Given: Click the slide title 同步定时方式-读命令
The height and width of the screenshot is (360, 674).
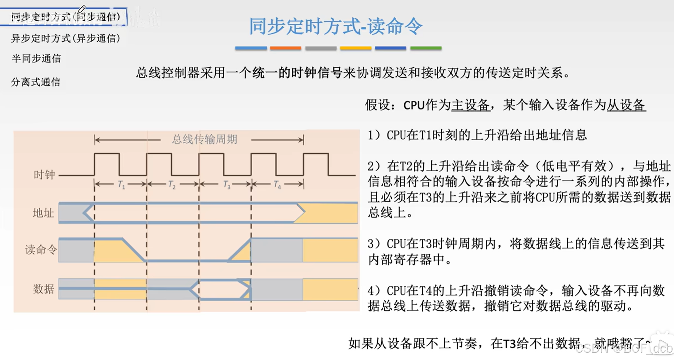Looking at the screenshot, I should click(335, 26).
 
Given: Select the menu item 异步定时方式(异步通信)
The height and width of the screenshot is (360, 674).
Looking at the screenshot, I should click(66, 38).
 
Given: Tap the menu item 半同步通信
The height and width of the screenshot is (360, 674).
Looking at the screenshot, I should click(36, 58).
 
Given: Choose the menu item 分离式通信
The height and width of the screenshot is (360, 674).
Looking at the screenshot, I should click(36, 82).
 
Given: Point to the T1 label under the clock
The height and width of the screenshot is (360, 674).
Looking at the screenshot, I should click(121, 185).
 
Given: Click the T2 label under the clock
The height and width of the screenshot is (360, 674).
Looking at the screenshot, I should click(172, 185).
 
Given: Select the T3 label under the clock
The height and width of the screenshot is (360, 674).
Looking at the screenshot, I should click(227, 185).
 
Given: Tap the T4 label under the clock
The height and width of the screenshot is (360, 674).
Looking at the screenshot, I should click(277, 185).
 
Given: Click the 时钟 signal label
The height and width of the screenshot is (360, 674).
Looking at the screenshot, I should click(44, 175).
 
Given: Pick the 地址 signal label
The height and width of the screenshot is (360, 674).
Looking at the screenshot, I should click(43, 212).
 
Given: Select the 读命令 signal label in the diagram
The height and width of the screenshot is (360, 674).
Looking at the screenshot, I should click(41, 250).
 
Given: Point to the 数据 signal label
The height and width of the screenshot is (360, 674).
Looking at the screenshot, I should click(43, 289).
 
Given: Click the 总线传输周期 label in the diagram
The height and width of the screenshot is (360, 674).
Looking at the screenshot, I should click(205, 139).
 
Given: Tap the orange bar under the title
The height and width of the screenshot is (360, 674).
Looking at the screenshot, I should click(285, 48).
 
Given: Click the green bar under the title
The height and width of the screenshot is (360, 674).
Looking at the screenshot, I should click(426, 48).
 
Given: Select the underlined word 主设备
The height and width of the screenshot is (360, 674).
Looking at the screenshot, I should click(470, 105).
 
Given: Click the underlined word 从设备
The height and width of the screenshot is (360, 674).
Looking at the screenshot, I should click(626, 105).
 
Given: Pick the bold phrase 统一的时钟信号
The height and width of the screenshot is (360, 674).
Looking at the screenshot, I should click(297, 73).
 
